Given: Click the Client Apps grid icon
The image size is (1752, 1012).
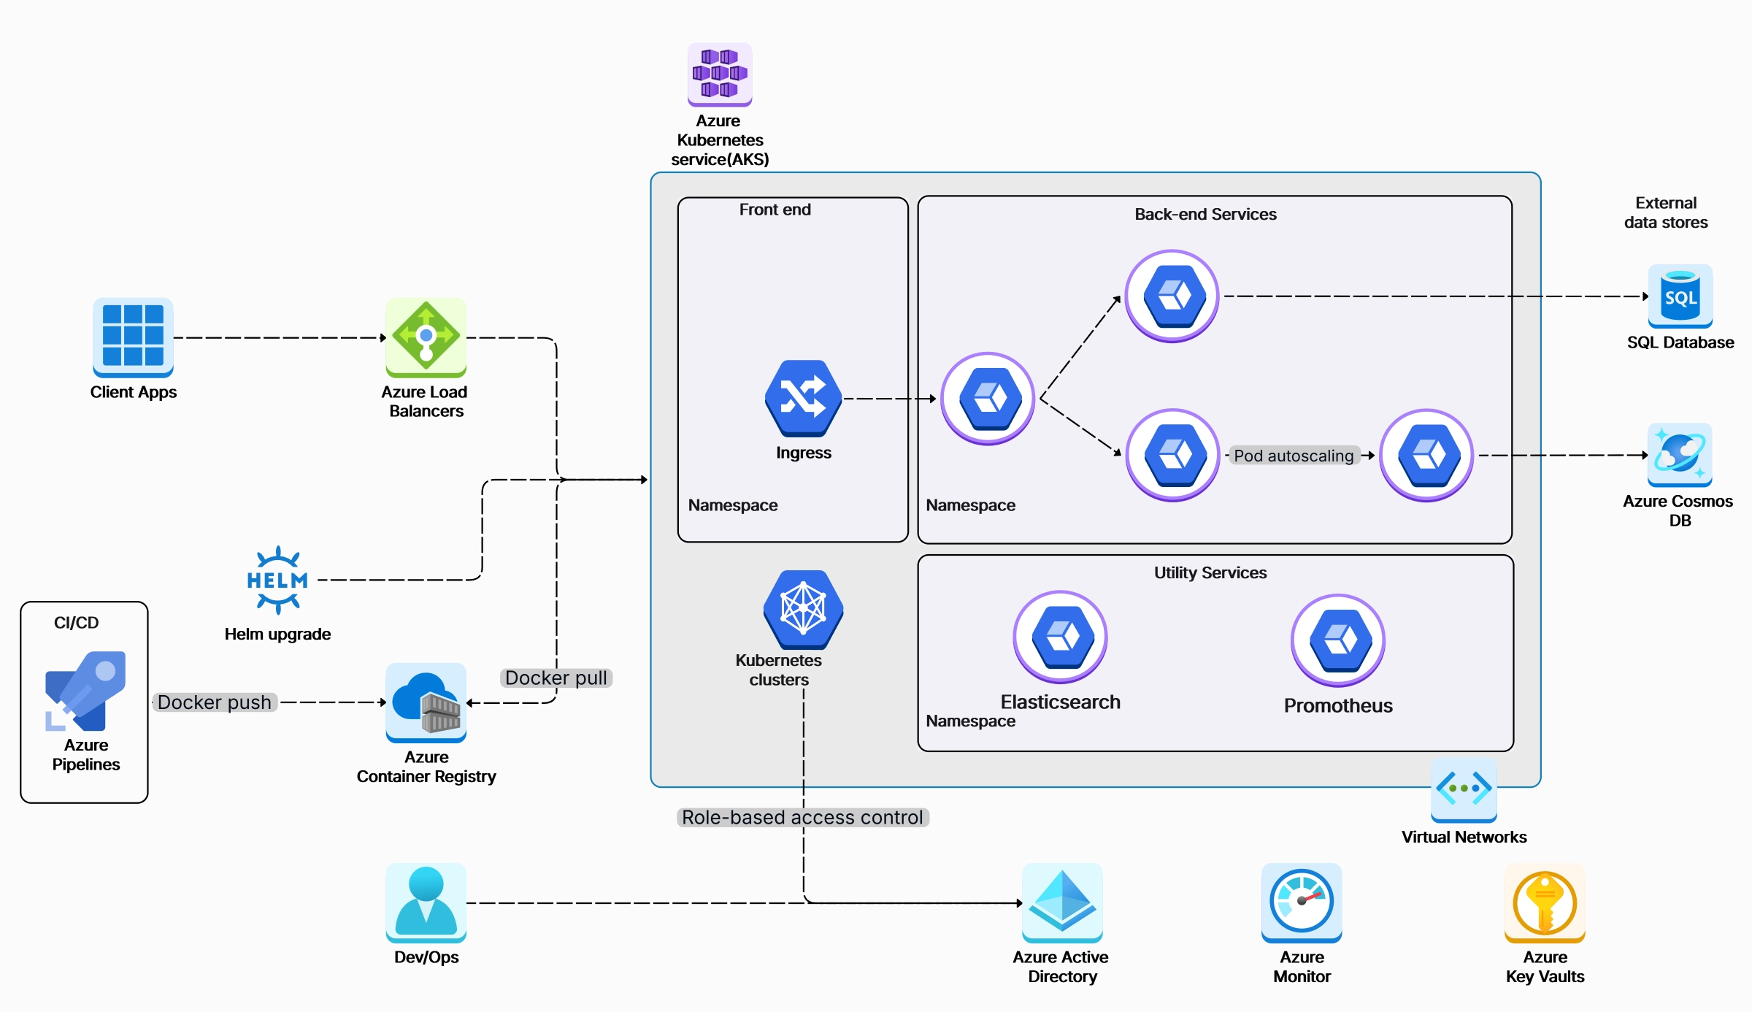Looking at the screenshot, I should (133, 337).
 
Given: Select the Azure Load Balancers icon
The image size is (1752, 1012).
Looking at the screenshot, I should (426, 337).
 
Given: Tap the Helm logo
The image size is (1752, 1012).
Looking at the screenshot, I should (277, 580).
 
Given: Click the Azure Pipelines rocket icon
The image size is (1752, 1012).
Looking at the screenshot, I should (85, 691).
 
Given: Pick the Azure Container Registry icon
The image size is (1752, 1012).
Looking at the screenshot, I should (426, 702).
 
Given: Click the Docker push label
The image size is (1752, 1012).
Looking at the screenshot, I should (215, 702).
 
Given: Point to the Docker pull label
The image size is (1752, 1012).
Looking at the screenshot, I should (556, 678).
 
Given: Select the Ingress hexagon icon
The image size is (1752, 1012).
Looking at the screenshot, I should (803, 398).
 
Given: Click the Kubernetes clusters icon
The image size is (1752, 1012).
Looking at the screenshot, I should (803, 609).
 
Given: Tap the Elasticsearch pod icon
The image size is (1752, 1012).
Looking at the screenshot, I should (1060, 637).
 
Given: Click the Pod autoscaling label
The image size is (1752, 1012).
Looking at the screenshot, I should (1294, 456).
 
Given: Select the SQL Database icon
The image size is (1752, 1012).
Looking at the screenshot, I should (1680, 296).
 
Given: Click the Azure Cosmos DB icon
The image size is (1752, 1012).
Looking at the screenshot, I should (1679, 454).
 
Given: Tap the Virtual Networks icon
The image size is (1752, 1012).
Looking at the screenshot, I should (1464, 789).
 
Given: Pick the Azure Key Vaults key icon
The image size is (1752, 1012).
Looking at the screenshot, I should (1545, 902).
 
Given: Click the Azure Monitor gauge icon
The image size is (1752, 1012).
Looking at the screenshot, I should (1301, 902).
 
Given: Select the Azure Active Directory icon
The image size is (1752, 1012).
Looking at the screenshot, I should (1061, 902).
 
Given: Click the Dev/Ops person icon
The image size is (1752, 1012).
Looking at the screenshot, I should (426, 902).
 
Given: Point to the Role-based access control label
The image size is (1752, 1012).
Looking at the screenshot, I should (802, 817).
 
